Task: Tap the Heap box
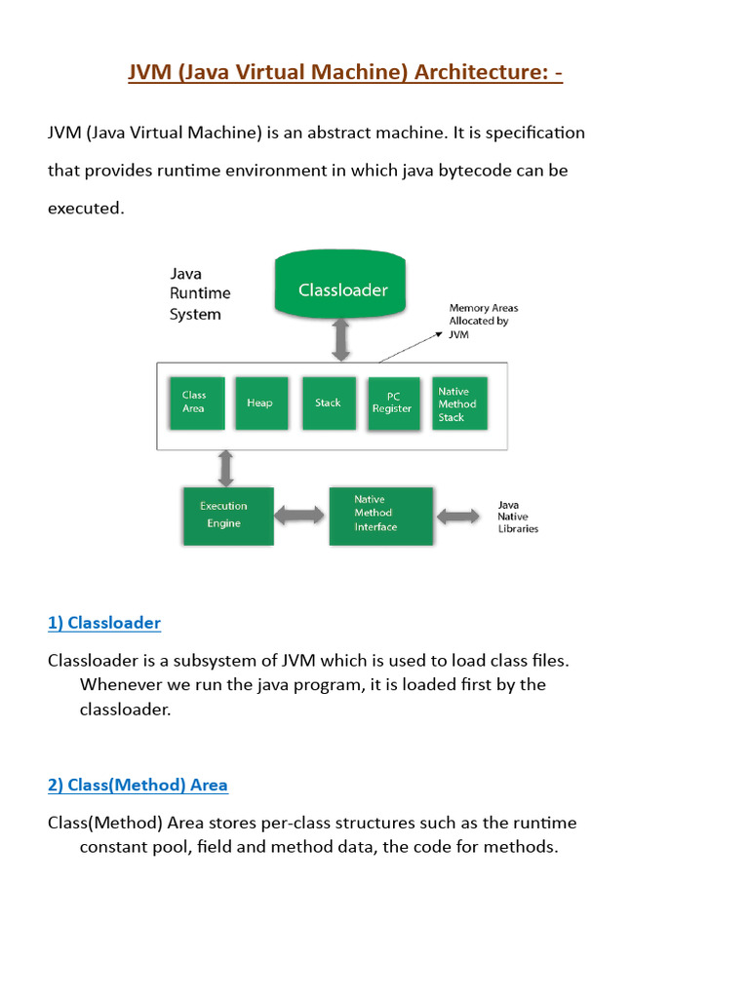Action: [x=260, y=403]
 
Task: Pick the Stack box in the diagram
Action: [x=329, y=403]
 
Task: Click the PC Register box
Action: [x=393, y=403]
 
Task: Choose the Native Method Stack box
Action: [x=458, y=403]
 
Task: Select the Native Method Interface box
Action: [x=380, y=515]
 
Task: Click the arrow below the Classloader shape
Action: [x=341, y=340]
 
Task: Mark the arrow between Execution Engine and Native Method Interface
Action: [x=300, y=515]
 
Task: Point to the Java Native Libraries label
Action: [x=517, y=517]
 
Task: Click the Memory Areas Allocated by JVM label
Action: [x=483, y=321]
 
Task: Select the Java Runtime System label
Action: [x=200, y=293]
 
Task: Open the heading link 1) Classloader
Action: [x=104, y=623]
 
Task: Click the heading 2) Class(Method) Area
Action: [x=138, y=785]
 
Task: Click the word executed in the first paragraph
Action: [x=86, y=209]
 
